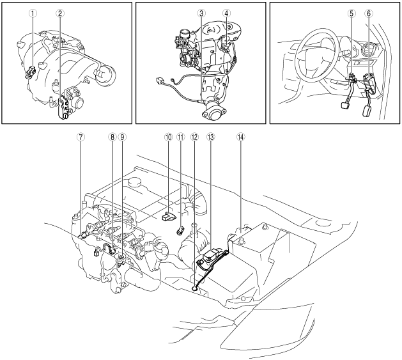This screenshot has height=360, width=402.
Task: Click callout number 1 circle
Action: (33, 13)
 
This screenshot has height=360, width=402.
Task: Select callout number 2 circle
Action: (60, 13)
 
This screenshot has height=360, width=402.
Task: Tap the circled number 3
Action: (201, 13)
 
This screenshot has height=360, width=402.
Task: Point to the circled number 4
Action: (226, 13)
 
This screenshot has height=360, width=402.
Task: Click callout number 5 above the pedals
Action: (352, 13)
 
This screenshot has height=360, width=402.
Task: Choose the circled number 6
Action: (369, 13)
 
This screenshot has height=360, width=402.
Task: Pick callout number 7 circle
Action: (81, 137)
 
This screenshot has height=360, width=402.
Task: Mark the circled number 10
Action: (168, 137)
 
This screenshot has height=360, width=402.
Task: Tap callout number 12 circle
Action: (194, 137)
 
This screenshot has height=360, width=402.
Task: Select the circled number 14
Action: (240, 137)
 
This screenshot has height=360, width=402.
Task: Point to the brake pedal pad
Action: (345, 106)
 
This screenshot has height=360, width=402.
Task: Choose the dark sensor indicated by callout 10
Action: (168, 217)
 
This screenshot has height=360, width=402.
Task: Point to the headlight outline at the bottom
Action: (267, 327)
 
